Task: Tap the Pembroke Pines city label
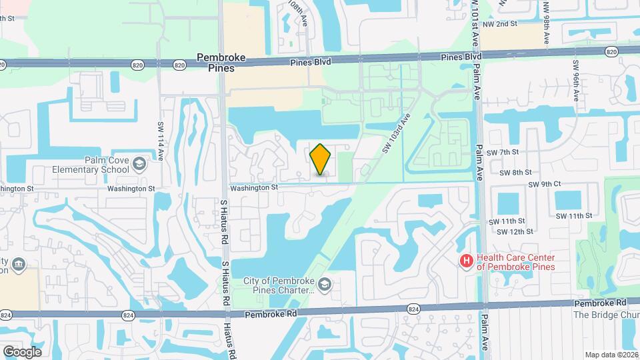tap(221, 63)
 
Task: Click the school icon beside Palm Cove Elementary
tap(139, 164)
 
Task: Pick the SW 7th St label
tap(503, 153)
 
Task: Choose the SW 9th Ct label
tap(545, 184)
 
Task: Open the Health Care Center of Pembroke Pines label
tap(516, 262)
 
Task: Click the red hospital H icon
tap(467, 261)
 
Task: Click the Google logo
tap(21, 351)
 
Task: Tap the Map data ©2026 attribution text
tap(611, 355)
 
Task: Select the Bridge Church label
tap(606, 315)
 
